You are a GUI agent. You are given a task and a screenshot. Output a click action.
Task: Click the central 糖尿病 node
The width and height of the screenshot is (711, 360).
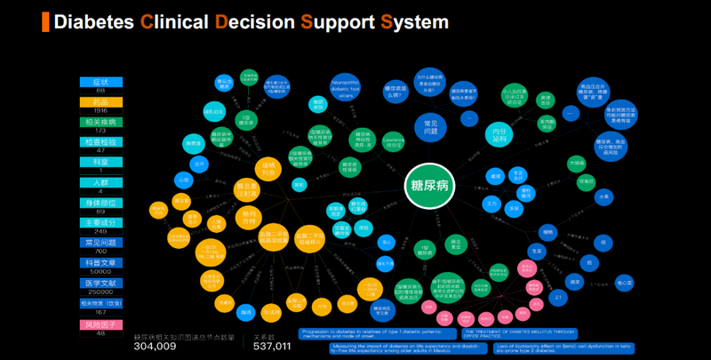pos(429,185)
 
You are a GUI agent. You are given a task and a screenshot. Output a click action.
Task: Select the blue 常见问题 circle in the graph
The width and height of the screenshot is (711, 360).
pos(430,126)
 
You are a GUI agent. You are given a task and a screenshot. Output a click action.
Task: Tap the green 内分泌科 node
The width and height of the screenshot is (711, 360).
pos(500,133)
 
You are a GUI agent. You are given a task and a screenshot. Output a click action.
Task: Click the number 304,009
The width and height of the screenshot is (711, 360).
pos(160,348)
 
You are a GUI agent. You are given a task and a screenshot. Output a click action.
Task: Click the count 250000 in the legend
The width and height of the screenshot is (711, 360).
pos(100,292)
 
